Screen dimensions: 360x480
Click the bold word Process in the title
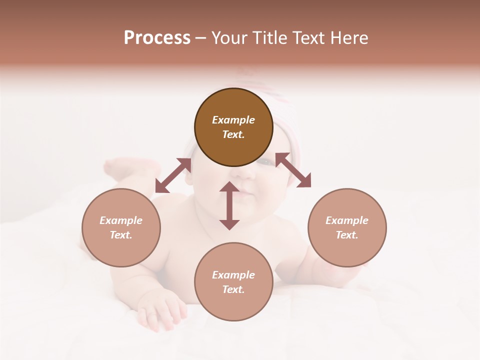pyautogui.click(x=157, y=38)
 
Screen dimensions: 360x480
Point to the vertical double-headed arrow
pyautogui.click(x=229, y=205)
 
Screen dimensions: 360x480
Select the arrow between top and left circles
pyautogui.click(x=173, y=175)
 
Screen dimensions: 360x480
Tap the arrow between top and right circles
pyautogui.click(x=293, y=170)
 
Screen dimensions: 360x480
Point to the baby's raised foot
pyautogui.click(x=120, y=167)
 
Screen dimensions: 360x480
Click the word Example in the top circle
pyautogui.click(x=233, y=120)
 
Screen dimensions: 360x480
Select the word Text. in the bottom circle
pyautogui.click(x=233, y=289)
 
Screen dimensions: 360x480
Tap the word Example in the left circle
pyautogui.click(x=121, y=220)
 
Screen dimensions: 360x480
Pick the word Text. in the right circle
pyautogui.click(x=347, y=235)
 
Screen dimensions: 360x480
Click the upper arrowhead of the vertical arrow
pyautogui.click(x=229, y=187)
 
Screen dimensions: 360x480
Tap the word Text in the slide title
pyautogui.click(x=310, y=38)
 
